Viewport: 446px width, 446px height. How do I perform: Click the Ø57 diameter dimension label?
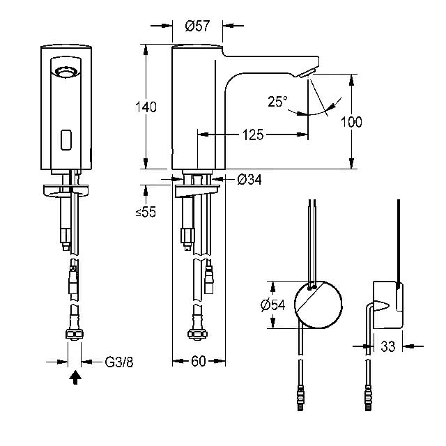[x=197, y=26]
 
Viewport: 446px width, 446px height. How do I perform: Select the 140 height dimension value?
[x=146, y=107]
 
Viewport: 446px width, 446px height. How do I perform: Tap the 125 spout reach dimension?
[x=253, y=134]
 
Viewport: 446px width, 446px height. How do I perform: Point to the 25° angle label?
[x=277, y=101]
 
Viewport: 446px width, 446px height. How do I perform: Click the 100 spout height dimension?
[x=351, y=122]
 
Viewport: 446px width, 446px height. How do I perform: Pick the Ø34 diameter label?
[x=249, y=180]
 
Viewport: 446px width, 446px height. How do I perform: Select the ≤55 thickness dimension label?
[x=146, y=212]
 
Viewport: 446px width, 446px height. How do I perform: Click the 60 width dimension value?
[x=198, y=361]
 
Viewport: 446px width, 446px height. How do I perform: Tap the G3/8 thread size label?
[x=119, y=362]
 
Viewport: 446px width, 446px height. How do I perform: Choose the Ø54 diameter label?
[x=272, y=305]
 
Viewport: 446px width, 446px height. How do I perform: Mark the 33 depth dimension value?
[x=388, y=346]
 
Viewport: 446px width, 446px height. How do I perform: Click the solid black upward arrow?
[x=75, y=378]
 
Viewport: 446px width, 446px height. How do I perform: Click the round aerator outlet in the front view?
[x=66, y=71]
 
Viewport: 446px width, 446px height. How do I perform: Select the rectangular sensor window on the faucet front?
[x=66, y=140]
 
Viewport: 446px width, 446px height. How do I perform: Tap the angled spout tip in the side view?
[x=307, y=72]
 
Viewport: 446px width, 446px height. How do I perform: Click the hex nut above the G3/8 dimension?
[x=75, y=334]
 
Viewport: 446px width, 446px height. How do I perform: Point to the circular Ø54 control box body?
[x=318, y=305]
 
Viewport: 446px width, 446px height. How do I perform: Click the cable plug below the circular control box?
[x=300, y=398]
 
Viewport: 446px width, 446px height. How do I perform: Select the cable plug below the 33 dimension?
[x=369, y=398]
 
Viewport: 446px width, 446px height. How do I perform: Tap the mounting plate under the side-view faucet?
[x=197, y=191]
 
